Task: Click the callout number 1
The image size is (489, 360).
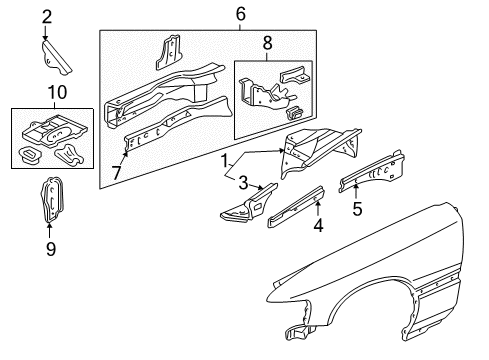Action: coord(226,160)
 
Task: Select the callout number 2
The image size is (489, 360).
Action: coord(47,15)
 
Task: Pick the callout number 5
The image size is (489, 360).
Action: coord(357,210)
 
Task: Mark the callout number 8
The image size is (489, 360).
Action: coord(266,44)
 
